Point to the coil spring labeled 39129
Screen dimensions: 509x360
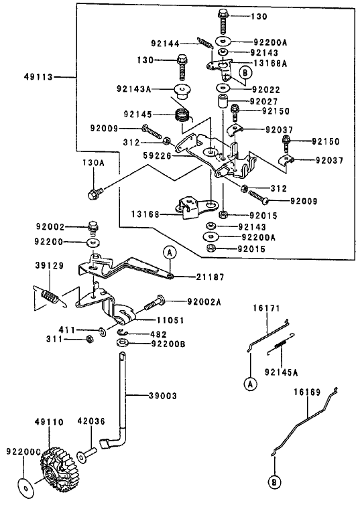point(48,295)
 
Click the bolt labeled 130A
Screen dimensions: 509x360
point(94,193)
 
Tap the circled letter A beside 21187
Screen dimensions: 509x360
point(170,252)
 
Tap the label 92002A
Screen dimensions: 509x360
point(204,302)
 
